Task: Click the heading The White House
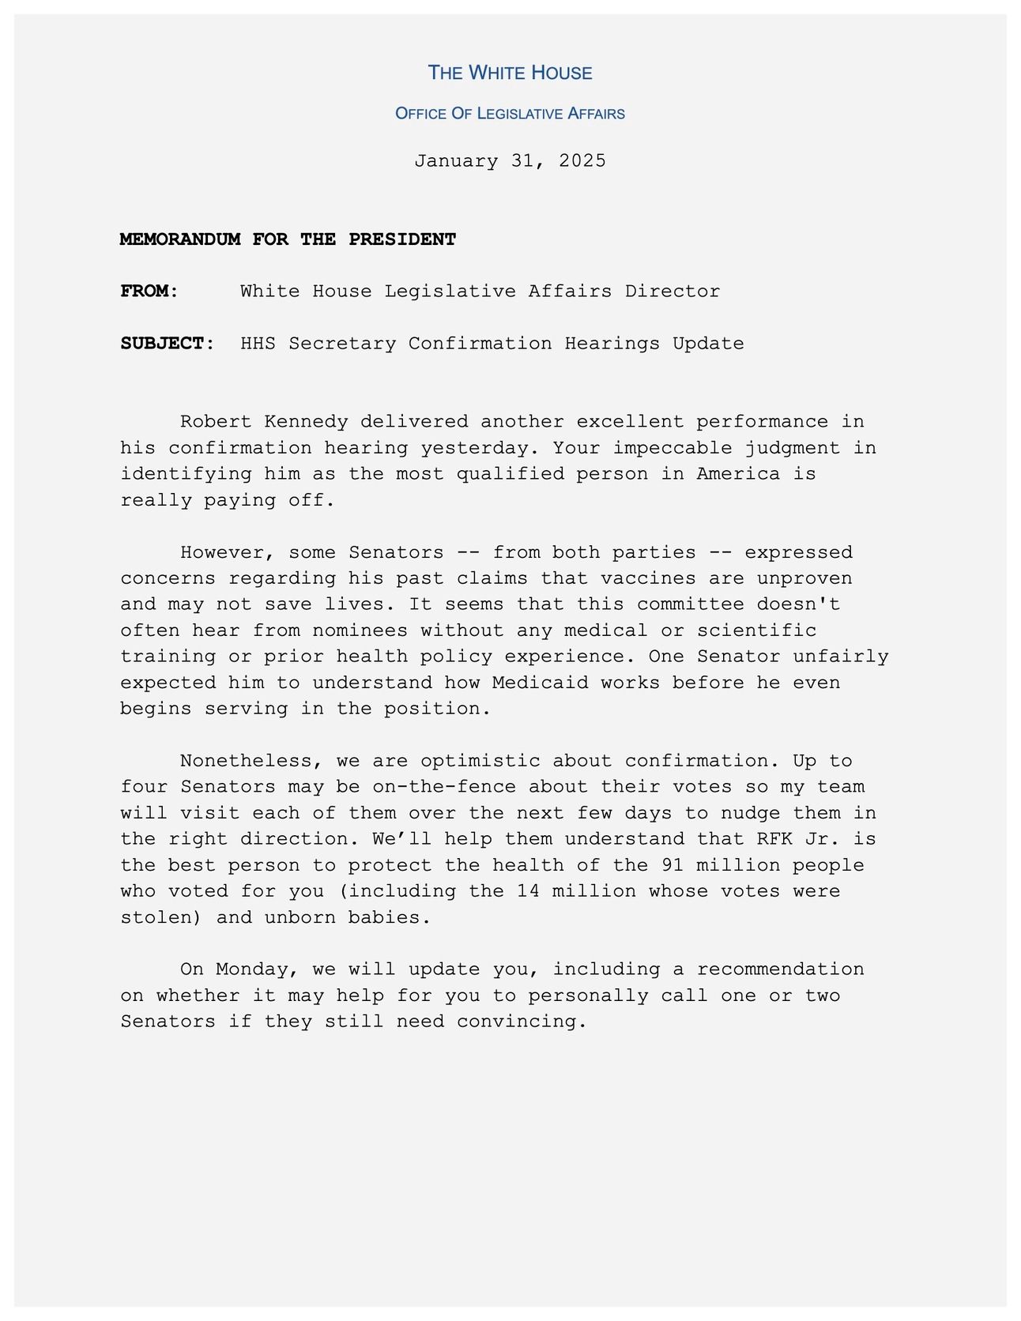pos(510,73)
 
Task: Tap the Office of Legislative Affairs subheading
pos(510,114)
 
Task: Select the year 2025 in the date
pos(582,160)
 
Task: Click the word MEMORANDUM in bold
pos(180,239)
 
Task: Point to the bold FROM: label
pos(150,292)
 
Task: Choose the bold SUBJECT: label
pos(168,344)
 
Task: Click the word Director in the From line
pos(673,292)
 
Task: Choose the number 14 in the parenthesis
pos(528,891)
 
